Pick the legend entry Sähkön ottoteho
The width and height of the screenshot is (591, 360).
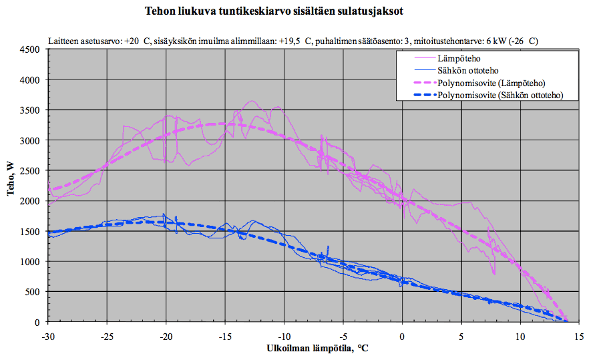point(467,70)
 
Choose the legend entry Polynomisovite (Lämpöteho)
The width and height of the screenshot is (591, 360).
point(492,83)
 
